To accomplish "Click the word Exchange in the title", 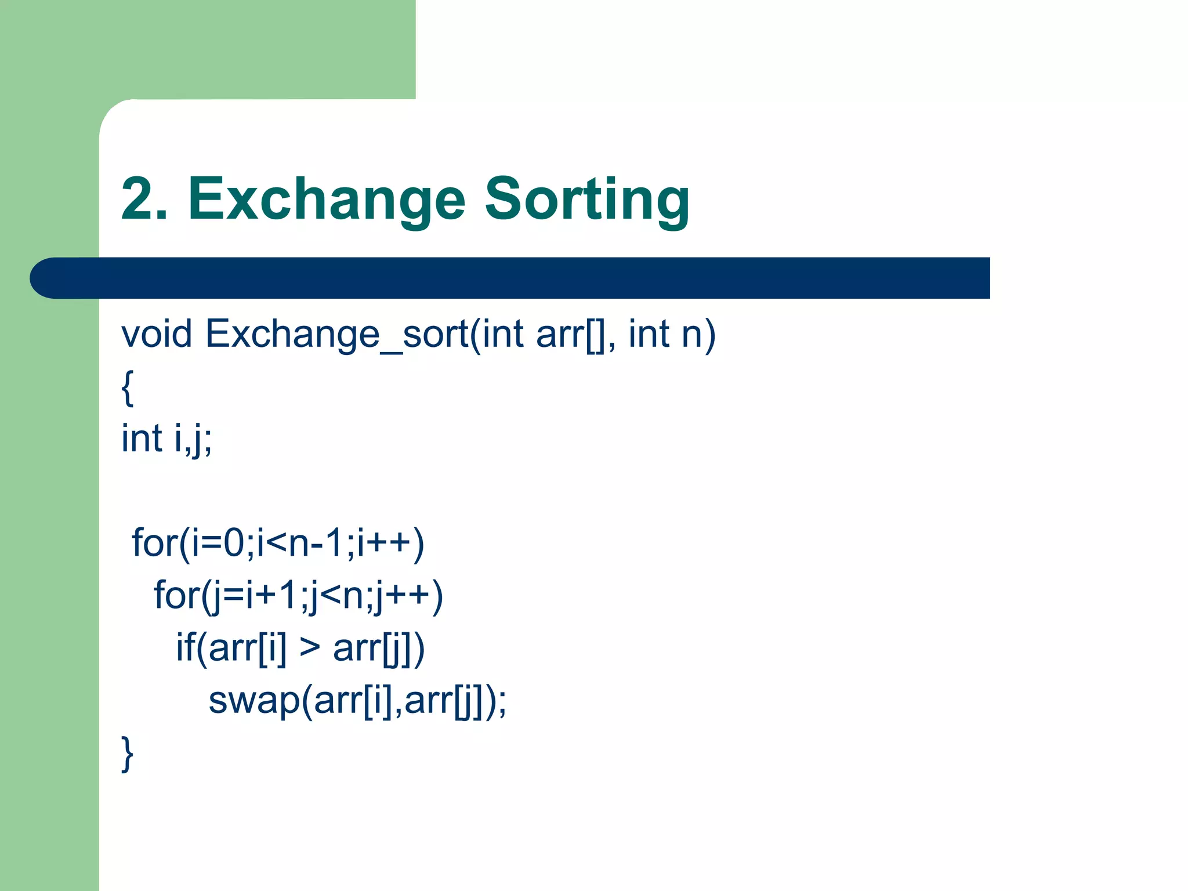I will pyautogui.click(x=326, y=200).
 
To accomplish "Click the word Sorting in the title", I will pyautogui.click(x=586, y=200).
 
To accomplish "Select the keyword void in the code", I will pyautogui.click(x=156, y=335).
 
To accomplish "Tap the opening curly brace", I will pyautogui.click(x=128, y=387).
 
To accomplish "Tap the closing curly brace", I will pyautogui.click(x=128, y=753).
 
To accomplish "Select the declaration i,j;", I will pyautogui.click(x=193, y=439).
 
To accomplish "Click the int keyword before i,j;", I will pyautogui.click(x=141, y=439).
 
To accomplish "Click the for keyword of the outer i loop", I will pyautogui.click(x=154, y=544).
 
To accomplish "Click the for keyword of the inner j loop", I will pyautogui.click(x=176, y=596).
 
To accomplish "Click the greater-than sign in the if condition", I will pyautogui.click(x=310, y=648).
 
